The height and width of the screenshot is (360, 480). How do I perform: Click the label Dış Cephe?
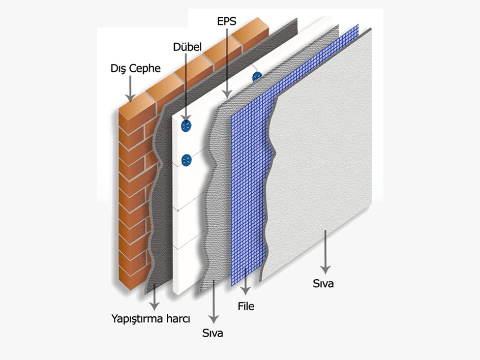[x=135, y=68]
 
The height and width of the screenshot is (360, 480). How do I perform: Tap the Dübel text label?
[x=187, y=47]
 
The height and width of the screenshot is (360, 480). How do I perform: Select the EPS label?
[x=226, y=21]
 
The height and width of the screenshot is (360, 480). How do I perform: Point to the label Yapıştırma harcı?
[x=151, y=319]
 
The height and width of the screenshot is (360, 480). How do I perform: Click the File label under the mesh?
[x=246, y=306]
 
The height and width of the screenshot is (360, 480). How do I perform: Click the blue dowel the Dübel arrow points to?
[x=187, y=126]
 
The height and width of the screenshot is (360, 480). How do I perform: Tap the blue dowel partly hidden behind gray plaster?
[x=257, y=77]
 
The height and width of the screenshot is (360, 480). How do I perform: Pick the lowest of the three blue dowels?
[x=187, y=161]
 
